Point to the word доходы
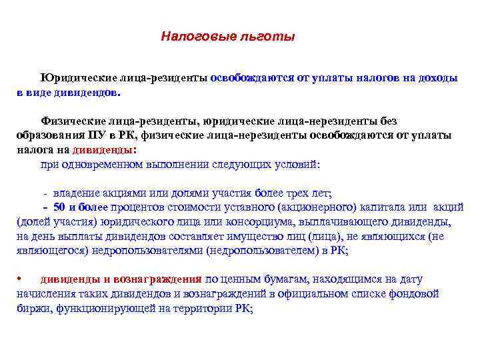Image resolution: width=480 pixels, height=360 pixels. [x=437, y=78]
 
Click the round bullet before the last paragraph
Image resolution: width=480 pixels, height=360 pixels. [x=21, y=279]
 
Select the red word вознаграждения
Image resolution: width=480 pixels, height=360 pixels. [x=157, y=279]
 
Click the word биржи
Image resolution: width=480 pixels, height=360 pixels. [x=33, y=309]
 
